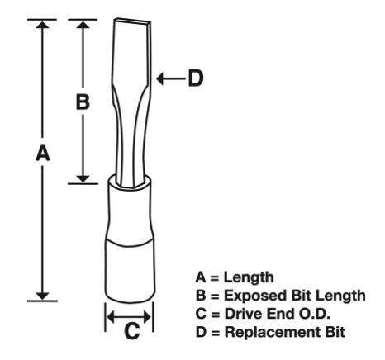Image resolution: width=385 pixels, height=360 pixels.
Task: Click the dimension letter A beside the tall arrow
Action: pos(43,154)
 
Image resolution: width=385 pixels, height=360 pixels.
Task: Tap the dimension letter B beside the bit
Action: pos(83,102)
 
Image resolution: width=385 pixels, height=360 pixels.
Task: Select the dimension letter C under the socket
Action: pos(132,331)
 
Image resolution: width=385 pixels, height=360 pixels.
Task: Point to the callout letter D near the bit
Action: pos(196,78)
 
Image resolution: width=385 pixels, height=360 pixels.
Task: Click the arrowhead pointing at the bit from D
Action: pos(159,78)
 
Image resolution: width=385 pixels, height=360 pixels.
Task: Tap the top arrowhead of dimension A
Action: pos(42,24)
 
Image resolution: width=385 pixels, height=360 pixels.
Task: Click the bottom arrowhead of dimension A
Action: pos(42,296)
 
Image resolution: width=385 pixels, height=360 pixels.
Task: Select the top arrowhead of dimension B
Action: pos(83,24)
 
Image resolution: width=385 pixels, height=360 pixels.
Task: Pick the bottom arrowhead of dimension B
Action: pos(83,179)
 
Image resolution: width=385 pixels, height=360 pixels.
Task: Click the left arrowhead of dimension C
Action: pos(111,317)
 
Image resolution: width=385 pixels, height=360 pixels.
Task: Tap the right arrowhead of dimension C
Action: pos(147,317)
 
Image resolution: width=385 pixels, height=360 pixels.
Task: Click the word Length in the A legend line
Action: pos(249,277)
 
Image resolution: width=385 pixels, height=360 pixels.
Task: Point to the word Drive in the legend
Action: pos(243,314)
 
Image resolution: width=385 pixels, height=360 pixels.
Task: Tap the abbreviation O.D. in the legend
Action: pos(315,314)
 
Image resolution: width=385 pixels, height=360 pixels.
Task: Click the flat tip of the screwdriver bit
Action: pos(132,21)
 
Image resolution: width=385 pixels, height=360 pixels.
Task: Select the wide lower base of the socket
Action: pos(131,271)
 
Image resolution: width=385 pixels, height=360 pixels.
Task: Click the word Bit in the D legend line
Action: pos(335,332)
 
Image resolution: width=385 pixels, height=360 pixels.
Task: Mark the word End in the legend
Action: pos(280,314)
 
